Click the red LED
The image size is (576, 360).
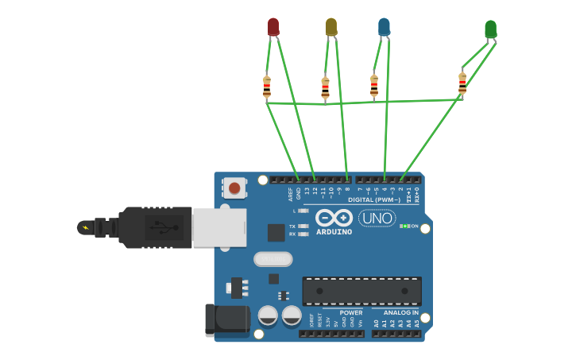273,27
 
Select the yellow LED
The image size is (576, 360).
331,27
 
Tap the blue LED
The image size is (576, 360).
385,27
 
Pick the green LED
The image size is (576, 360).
491,30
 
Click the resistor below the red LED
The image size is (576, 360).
267,86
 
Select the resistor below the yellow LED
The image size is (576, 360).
325,87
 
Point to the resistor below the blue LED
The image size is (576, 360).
374,85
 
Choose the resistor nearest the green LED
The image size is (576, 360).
462,83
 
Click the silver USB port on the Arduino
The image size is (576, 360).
218,228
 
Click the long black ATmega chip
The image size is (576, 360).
361,291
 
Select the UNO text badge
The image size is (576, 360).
377,218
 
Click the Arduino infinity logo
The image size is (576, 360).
334,218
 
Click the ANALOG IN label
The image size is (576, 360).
401,312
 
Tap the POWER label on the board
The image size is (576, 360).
350,312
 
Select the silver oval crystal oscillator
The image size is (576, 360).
273,259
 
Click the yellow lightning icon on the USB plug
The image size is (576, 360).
85,228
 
